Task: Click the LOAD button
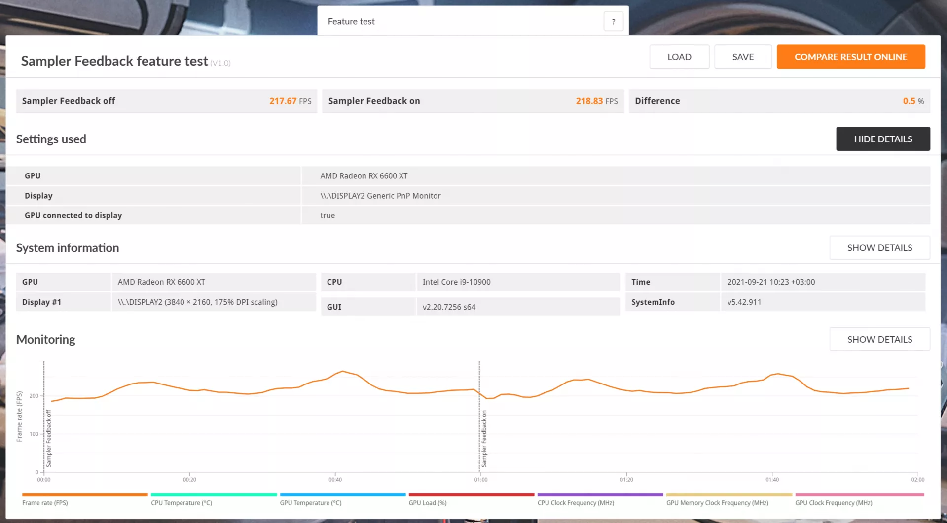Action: coord(679,57)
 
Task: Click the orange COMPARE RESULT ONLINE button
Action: coord(851,57)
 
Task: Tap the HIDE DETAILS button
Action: coord(883,139)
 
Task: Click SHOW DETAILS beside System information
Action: coord(879,248)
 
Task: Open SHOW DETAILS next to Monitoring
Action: coord(879,339)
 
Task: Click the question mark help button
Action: coord(614,21)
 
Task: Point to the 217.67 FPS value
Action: coord(290,101)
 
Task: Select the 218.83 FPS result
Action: coord(597,101)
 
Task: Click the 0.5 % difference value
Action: coord(913,101)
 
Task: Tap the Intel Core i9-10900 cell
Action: coord(456,282)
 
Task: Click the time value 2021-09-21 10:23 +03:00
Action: coord(771,282)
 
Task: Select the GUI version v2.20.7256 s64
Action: coord(449,307)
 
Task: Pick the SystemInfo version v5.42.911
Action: coord(744,302)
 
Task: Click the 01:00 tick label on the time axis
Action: coord(481,480)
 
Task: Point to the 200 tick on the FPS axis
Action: coord(34,396)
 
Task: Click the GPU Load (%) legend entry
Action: coord(428,503)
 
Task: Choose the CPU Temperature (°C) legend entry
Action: coord(182,503)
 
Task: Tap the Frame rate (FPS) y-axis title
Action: coord(19,417)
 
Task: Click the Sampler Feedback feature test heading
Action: coord(114,61)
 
